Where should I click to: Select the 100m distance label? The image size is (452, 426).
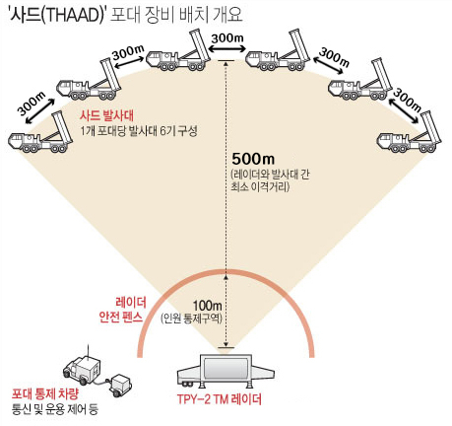click(207, 306)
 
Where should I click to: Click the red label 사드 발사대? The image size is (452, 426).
click(106, 116)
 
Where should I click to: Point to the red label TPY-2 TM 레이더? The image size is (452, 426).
click(220, 399)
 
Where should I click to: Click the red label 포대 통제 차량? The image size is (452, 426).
click(45, 394)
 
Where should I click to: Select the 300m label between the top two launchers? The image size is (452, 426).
click(227, 38)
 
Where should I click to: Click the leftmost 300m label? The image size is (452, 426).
click(32, 103)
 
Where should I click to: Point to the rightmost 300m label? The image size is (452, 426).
click(407, 100)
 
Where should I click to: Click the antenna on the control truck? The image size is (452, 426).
click(88, 351)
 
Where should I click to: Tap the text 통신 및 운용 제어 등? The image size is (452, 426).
click(55, 409)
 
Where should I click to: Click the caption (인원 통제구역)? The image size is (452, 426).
click(191, 319)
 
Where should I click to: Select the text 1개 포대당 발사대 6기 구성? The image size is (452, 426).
click(139, 131)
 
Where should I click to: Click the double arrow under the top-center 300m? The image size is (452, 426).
click(227, 49)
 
